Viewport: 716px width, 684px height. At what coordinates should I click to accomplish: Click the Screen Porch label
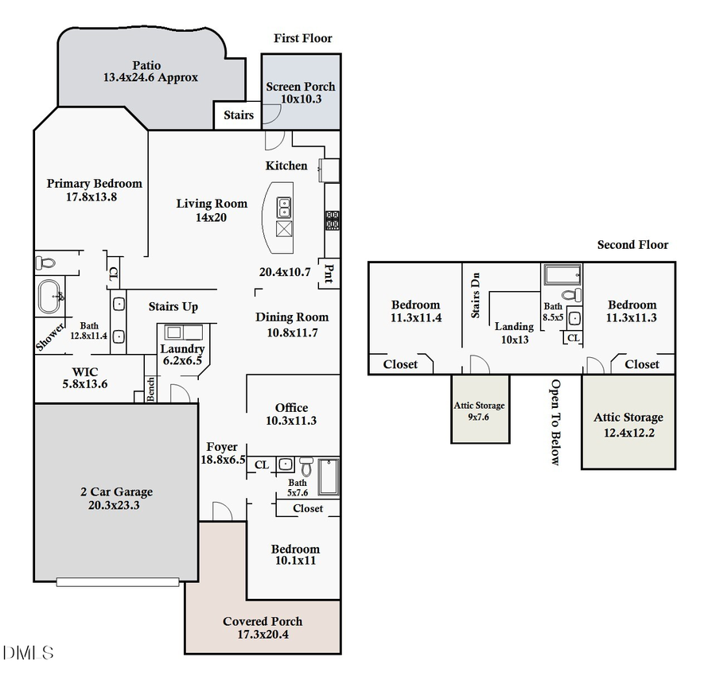click(x=301, y=87)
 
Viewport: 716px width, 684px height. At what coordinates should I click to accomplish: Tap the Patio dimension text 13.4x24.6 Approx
click(x=150, y=78)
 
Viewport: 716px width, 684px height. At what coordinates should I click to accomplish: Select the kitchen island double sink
click(x=283, y=208)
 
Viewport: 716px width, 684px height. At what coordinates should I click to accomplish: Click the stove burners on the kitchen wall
click(x=333, y=220)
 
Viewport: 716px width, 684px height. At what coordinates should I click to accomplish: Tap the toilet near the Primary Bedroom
click(x=45, y=262)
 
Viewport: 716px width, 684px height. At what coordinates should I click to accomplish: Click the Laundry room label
click(x=182, y=348)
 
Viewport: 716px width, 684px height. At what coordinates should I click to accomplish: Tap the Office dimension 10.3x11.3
click(x=291, y=421)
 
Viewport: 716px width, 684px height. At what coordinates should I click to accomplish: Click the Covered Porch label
click(x=263, y=621)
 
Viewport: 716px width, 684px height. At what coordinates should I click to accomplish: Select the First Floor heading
click(x=302, y=38)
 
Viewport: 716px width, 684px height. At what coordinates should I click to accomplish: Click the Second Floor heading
click(x=632, y=245)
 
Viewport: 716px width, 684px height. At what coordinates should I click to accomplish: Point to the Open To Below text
click(x=555, y=422)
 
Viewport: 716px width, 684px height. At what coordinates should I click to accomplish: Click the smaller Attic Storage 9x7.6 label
click(x=480, y=410)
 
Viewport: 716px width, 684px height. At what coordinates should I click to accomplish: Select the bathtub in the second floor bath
click(x=563, y=276)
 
